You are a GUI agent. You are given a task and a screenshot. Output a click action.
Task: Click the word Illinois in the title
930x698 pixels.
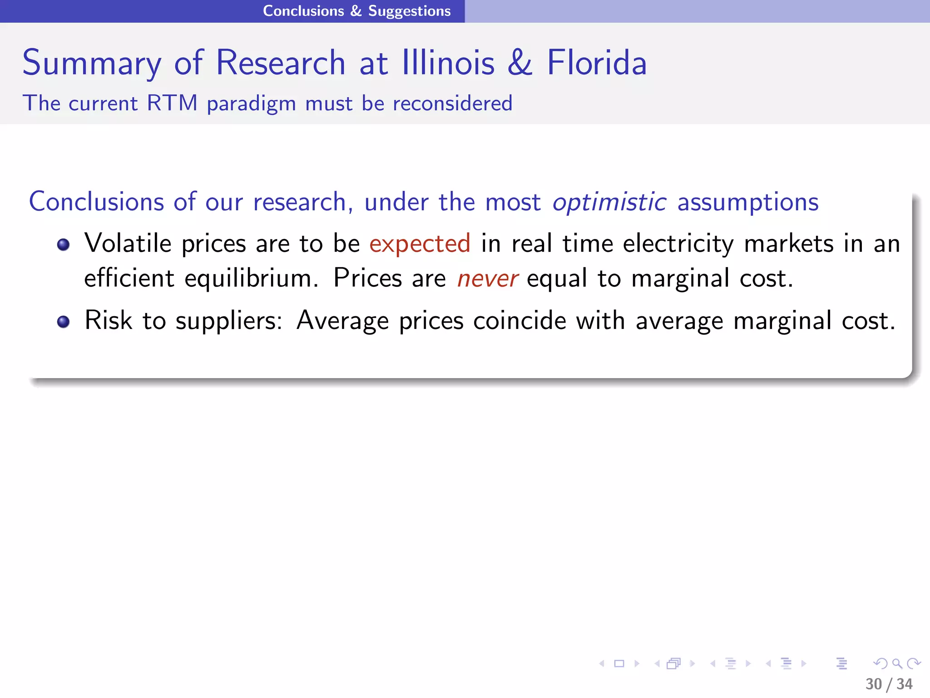coord(448,63)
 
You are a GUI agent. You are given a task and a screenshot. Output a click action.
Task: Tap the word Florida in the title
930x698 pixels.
coord(597,63)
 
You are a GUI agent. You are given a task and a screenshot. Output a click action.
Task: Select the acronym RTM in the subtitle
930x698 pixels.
coord(172,103)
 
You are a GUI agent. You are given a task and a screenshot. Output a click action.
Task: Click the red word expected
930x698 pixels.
coord(420,244)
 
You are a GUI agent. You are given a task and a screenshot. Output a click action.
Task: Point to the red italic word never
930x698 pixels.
coord(487,279)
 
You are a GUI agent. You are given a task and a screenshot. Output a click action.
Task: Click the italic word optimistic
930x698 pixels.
coord(609,202)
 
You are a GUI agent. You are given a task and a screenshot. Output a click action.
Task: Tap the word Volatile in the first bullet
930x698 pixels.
coord(128,243)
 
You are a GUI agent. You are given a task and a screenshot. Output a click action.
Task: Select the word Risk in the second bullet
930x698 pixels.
coord(109,320)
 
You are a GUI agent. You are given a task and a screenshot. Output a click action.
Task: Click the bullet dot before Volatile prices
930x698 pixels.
coord(64,245)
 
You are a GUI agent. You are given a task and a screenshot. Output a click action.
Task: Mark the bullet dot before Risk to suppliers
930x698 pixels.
coord(64,322)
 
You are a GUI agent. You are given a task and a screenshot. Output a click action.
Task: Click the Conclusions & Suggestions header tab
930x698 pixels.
coord(357,11)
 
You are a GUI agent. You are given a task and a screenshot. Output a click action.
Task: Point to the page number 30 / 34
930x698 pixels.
coord(889,684)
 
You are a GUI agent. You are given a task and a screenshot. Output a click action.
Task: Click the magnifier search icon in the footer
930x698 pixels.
coord(897,663)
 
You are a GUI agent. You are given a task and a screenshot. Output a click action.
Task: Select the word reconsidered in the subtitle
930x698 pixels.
coord(452,103)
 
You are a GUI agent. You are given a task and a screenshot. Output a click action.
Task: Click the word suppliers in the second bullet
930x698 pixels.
coord(229,321)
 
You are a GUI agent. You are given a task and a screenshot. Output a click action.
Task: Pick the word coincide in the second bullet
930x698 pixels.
coord(519,320)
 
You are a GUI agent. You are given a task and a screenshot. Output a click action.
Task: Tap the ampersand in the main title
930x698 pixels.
coord(520,63)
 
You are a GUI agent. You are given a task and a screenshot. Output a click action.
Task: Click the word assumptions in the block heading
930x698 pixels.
coord(748,202)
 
